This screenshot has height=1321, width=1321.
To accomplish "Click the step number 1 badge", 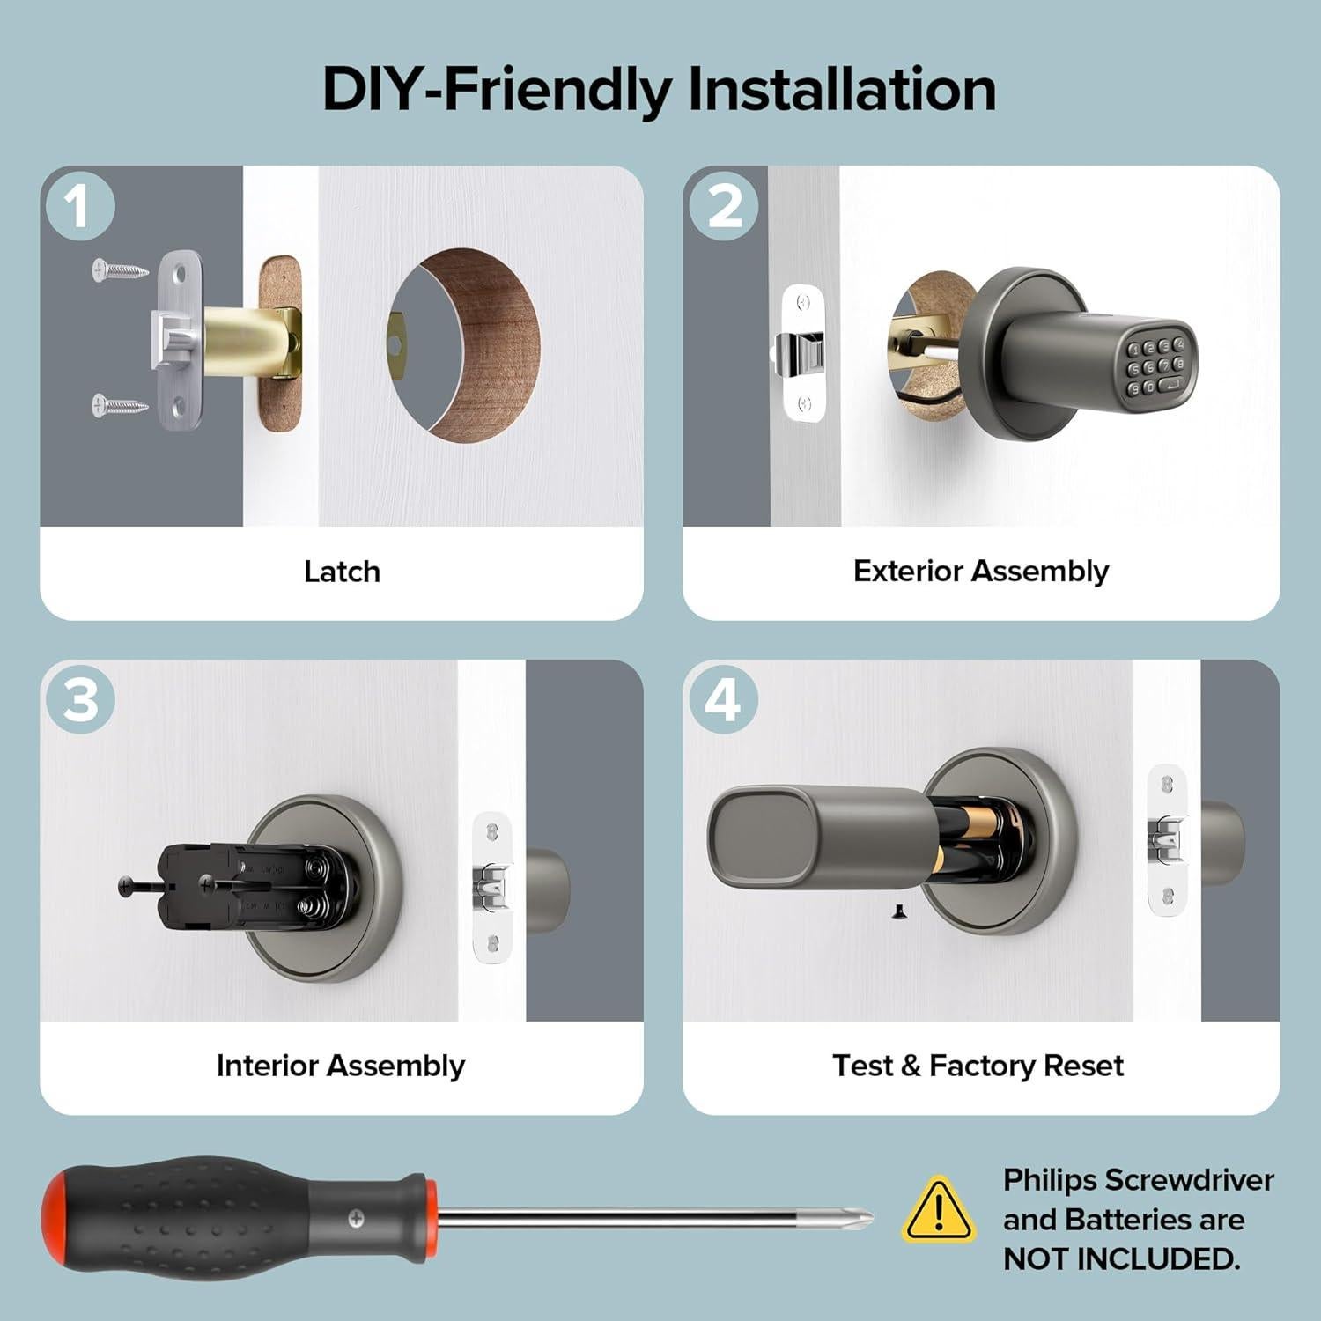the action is [x=80, y=207].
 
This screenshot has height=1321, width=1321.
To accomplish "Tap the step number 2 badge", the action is [x=723, y=207].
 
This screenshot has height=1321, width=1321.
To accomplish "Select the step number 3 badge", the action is [x=80, y=701].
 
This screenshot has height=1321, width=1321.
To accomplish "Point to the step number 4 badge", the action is [x=723, y=701].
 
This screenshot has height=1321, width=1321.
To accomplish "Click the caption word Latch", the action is [x=342, y=572].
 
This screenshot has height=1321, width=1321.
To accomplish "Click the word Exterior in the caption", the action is [x=908, y=571].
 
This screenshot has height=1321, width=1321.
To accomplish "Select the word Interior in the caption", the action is [x=268, y=1066].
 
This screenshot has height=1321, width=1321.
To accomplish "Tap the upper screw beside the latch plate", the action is [x=121, y=269].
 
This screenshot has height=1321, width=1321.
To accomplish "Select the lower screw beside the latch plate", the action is [x=121, y=406].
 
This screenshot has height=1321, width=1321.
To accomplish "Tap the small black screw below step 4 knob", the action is [x=898, y=912].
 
